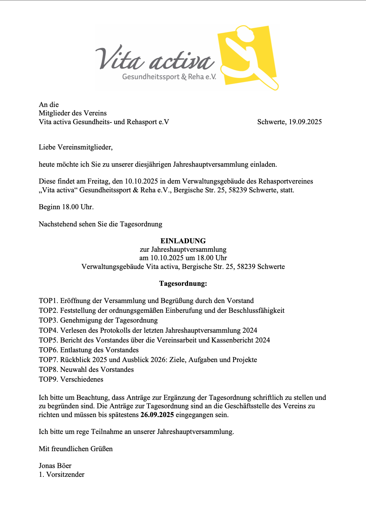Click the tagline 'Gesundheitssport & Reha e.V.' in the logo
169,77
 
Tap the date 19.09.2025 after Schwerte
305,122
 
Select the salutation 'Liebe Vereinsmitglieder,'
75,147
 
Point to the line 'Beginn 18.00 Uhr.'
66,207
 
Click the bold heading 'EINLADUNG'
183,241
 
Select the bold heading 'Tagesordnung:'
183,283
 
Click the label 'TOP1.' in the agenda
48,301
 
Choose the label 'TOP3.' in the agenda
48,320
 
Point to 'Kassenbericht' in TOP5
232,340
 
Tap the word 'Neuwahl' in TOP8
73,369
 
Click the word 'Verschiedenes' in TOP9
82,379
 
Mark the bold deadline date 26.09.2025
157,415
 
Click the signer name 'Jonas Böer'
55,466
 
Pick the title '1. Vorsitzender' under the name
61,474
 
